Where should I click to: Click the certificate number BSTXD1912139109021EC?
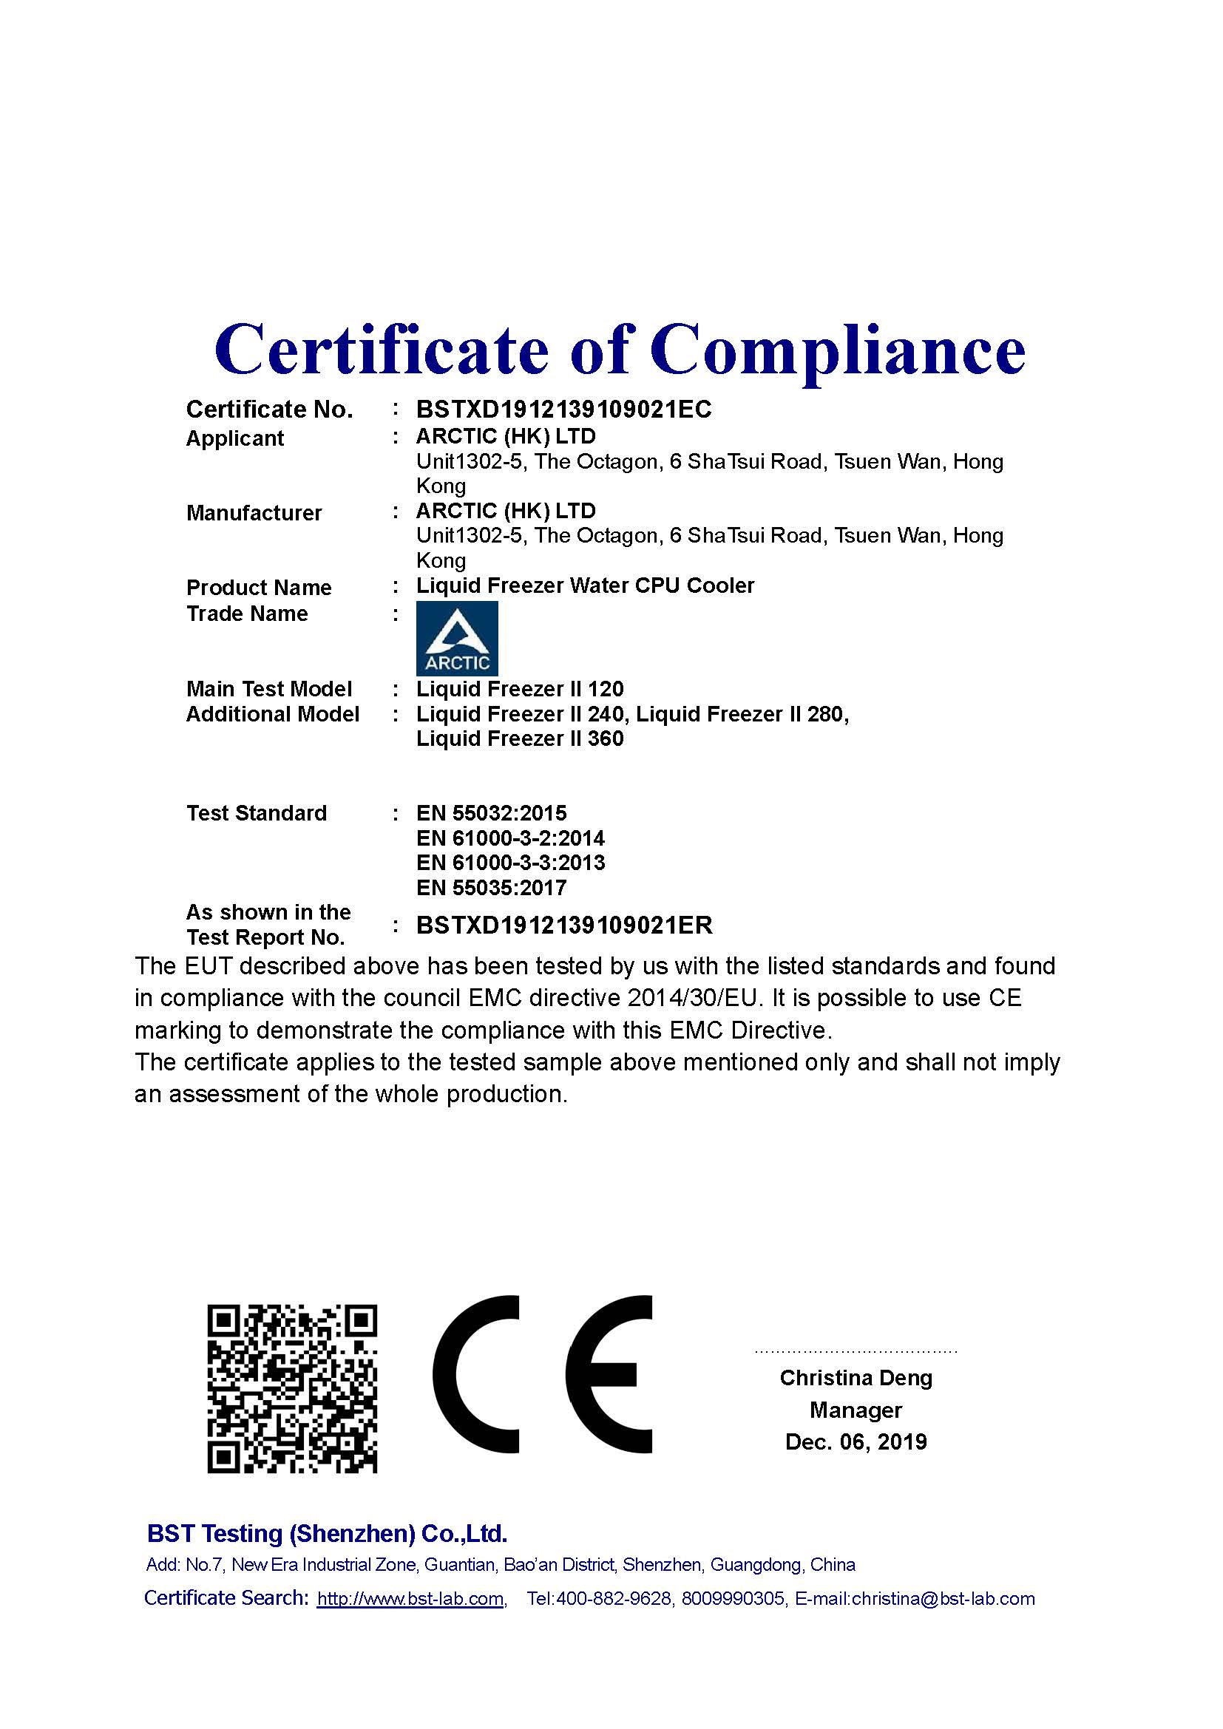pos(563,410)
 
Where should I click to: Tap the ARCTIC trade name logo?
pos(457,638)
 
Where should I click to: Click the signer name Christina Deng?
pos(856,1378)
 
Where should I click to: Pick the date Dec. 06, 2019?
pos(856,1442)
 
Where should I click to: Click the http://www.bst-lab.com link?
pos(410,1599)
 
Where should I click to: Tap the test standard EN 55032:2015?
pos(491,813)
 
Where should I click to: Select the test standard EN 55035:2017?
pos(491,888)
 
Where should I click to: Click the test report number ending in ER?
pos(564,925)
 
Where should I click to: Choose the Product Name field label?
pos(259,588)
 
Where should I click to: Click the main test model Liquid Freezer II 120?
pos(520,689)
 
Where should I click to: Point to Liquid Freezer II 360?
pos(520,738)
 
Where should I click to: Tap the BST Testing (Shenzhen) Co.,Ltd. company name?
pos(327,1533)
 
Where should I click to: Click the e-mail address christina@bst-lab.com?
pos(943,1599)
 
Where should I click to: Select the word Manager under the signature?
pos(856,1410)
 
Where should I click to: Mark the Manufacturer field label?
pos(254,513)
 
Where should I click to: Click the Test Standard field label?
pos(256,813)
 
